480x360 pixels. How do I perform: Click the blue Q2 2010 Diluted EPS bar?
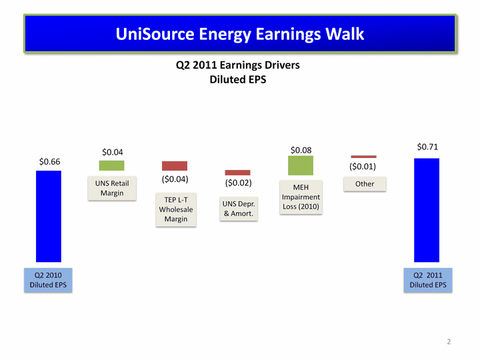(49, 217)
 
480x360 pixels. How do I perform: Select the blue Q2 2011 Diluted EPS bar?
(427, 210)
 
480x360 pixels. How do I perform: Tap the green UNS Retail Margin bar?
(111, 165)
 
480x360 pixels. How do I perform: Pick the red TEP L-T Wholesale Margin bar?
(175, 166)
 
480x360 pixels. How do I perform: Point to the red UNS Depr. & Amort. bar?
(237, 173)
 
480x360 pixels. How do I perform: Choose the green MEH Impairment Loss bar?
(301, 165)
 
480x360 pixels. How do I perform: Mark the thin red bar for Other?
(364, 157)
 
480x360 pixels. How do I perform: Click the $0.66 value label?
(49, 161)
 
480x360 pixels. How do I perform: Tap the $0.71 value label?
(427, 147)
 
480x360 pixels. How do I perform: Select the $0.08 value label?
(301, 150)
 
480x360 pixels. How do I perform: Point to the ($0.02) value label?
(238, 183)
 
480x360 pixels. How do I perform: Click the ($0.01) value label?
(363, 167)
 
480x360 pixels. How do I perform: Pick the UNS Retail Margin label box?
(112, 188)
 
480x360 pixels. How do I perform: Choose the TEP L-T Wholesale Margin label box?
(176, 210)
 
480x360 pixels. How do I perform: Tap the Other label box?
(365, 184)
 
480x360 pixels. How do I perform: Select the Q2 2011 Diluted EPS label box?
(428, 280)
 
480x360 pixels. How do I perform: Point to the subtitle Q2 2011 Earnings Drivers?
(238, 65)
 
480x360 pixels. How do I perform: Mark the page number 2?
(449, 341)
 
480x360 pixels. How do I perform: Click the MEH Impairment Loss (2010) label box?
(301, 197)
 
